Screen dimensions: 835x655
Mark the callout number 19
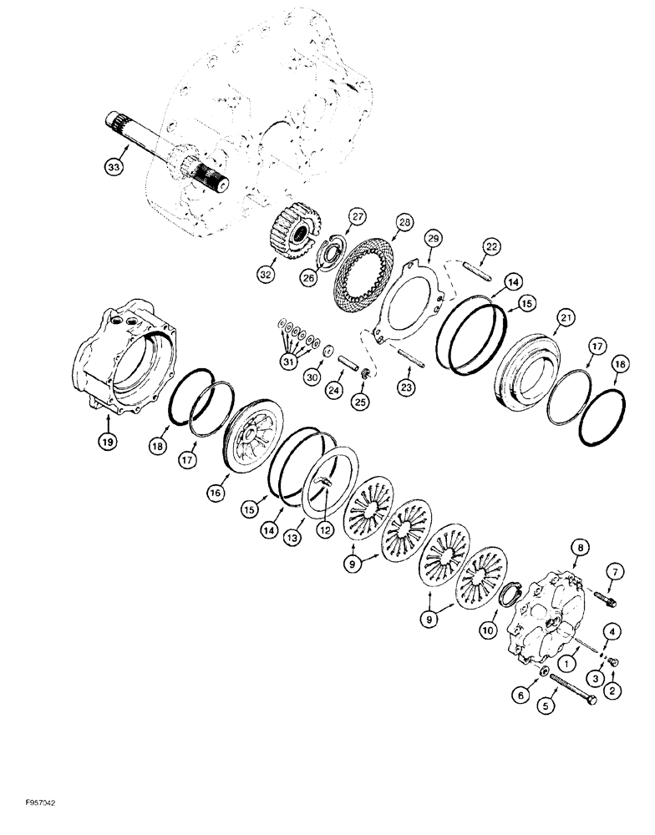(x=109, y=440)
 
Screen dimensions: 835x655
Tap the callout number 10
(x=488, y=628)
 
